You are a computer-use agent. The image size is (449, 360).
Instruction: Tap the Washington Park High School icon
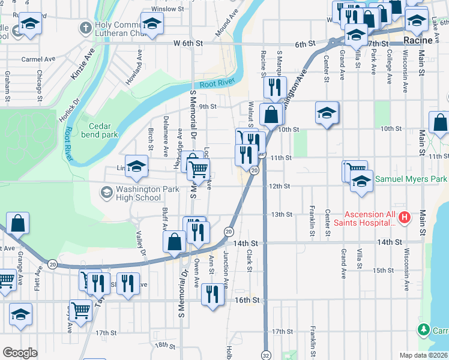[107, 193]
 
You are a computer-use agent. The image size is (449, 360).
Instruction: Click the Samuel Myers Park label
[411, 179]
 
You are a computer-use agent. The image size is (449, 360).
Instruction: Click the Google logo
[20, 353]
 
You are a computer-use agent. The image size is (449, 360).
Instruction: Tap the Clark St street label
[249, 260]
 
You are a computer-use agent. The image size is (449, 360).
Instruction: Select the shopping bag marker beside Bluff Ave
[174, 241]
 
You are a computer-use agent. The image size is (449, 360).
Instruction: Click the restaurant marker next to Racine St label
[275, 87]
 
